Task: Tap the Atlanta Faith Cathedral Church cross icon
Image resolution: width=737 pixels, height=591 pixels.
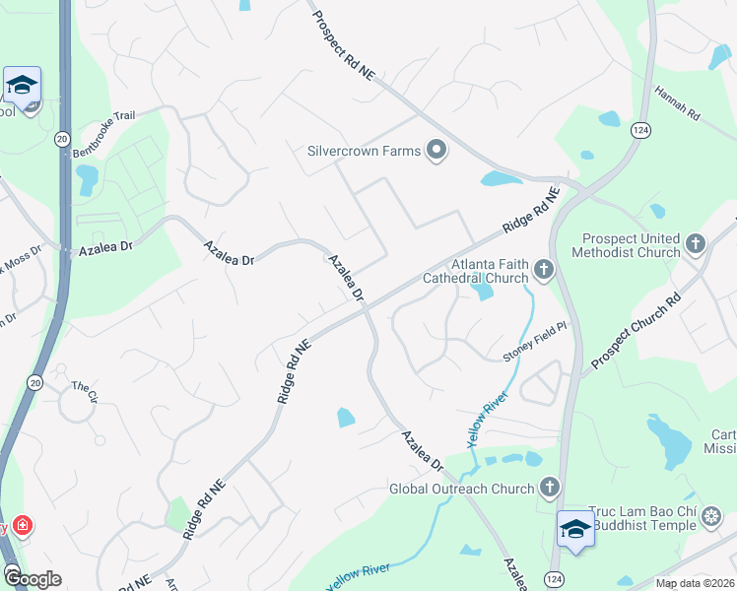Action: tap(543, 268)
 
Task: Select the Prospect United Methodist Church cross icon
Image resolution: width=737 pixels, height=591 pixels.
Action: tap(696, 242)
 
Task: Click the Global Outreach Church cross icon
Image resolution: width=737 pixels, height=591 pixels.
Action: tap(550, 487)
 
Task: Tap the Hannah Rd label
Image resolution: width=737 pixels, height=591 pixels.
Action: tap(676, 103)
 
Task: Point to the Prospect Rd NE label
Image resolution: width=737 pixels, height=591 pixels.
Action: tap(346, 44)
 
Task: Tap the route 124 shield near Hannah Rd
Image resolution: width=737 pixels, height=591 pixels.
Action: tap(641, 130)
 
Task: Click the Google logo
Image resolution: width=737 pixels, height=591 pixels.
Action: tap(32, 578)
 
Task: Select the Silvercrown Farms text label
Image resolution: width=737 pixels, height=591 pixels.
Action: tap(365, 151)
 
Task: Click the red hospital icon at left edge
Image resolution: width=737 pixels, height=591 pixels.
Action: tap(21, 526)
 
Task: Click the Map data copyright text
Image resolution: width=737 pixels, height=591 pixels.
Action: tap(695, 583)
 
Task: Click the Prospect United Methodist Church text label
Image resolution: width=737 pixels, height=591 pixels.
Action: tap(631, 245)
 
